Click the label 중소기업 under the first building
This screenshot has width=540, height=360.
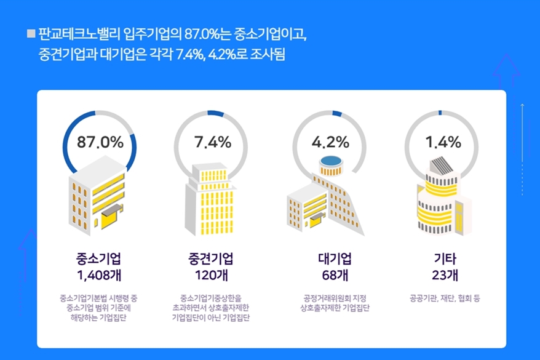[100, 257]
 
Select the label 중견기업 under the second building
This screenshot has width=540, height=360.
[212, 257]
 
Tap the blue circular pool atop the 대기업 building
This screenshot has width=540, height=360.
[331, 162]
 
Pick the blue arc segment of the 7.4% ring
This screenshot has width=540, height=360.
[216, 113]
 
